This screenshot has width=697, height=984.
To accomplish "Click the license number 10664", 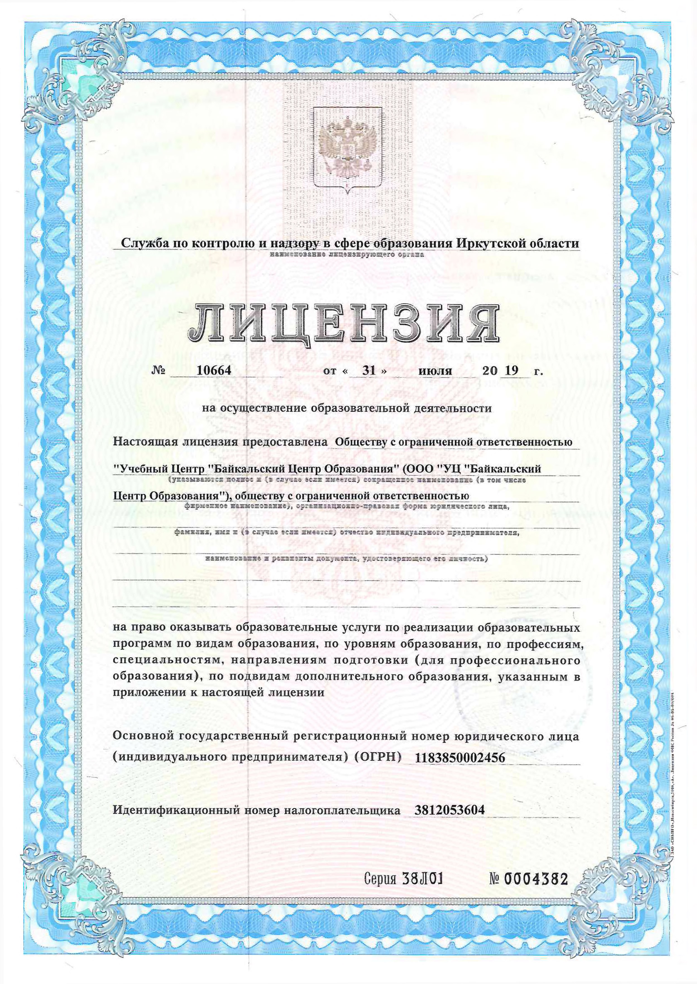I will click(x=213, y=370).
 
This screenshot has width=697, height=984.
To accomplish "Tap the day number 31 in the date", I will click(x=369, y=370).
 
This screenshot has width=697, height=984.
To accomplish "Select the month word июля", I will click(x=435, y=371).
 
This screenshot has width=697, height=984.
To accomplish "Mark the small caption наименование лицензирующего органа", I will click(x=347, y=255).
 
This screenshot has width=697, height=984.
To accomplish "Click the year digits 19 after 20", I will click(x=511, y=370).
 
